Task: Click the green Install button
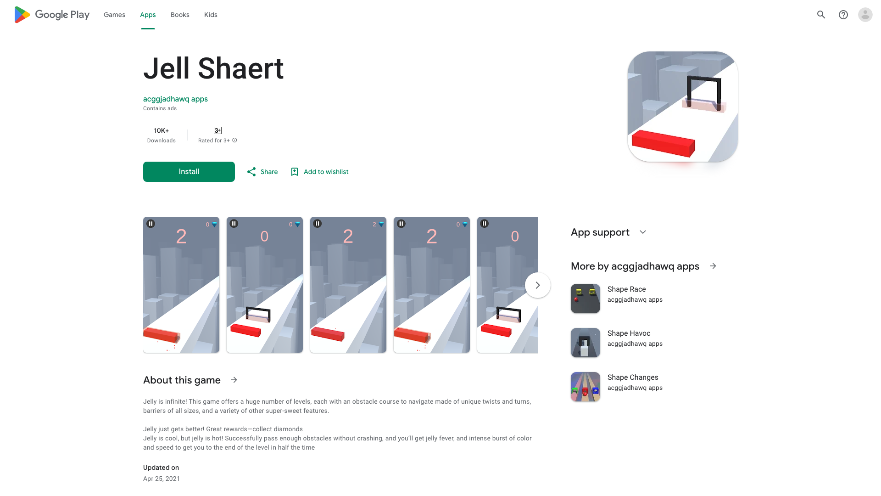tap(189, 172)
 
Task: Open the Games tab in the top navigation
tap(114, 15)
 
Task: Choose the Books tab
tap(180, 15)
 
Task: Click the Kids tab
tap(211, 15)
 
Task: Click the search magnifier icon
tap(821, 15)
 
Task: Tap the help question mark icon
tap(843, 15)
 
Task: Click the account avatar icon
tap(865, 15)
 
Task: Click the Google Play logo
tap(52, 15)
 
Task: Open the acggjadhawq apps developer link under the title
tap(175, 99)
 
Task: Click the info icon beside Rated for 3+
tap(234, 140)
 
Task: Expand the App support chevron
tap(643, 232)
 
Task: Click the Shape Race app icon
tap(585, 299)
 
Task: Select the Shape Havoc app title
tap(629, 333)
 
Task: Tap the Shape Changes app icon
tap(585, 387)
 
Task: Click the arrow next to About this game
tap(234, 380)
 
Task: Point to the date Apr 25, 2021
tap(162, 479)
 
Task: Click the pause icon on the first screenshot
tap(151, 224)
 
